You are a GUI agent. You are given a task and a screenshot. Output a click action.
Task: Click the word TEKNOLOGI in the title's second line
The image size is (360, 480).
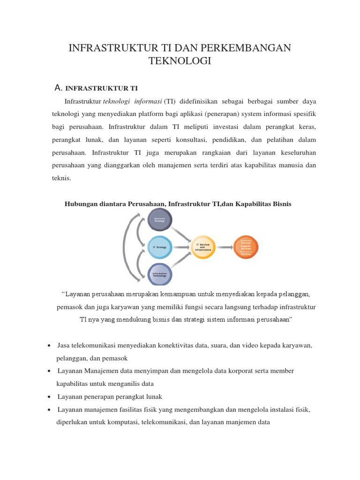pos(180,61)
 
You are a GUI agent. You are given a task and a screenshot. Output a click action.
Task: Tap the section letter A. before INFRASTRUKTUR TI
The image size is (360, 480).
pos(59,88)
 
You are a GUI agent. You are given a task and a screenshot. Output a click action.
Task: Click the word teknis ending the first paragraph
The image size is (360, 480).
pos(61,178)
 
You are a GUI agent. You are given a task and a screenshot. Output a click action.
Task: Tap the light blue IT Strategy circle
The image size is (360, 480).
pos(160,247)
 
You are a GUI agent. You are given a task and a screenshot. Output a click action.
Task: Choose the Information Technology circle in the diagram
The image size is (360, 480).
pos(160,274)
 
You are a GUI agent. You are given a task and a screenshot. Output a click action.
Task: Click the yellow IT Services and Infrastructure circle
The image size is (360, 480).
pos(203,247)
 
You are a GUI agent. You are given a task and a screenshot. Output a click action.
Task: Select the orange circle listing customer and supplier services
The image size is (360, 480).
pos(246,247)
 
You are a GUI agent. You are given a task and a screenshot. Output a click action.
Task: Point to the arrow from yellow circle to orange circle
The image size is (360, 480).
pos(224,247)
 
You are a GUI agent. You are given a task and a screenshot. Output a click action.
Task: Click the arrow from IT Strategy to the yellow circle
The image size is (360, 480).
pos(181,247)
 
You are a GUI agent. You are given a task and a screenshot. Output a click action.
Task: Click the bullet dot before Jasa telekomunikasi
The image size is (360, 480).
pos(50,345)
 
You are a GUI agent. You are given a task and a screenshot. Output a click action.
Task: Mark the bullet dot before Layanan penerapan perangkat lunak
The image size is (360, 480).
pos(50,397)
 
